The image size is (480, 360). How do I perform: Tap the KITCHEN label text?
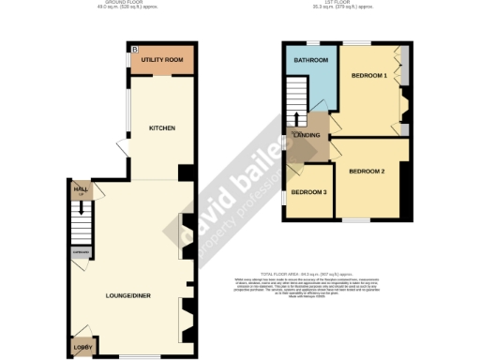click(x=162, y=127)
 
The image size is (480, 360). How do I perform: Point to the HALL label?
click(x=79, y=188)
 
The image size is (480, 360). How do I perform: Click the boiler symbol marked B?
click(x=134, y=48)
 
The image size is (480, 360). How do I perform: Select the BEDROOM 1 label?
click(x=368, y=75)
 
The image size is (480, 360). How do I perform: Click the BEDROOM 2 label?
click(x=367, y=172)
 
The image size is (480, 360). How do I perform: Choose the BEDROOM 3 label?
click(x=308, y=192)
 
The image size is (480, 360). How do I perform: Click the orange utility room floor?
click(x=161, y=68)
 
